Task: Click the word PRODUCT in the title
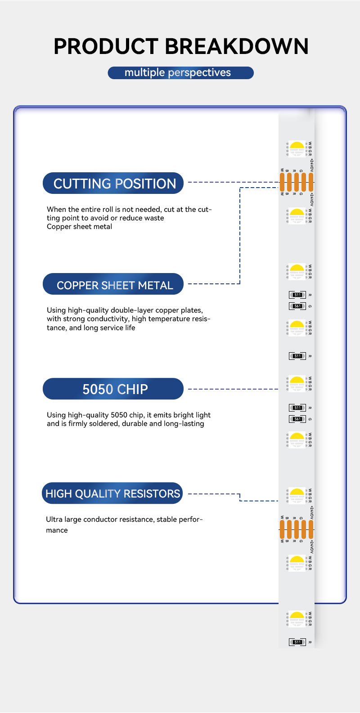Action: tap(106, 47)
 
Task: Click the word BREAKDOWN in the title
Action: tap(237, 47)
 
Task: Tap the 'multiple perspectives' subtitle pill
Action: tap(180, 73)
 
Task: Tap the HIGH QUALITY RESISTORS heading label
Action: tap(112, 493)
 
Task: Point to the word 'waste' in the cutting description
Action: tap(153, 218)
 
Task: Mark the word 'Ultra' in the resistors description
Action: tap(54, 520)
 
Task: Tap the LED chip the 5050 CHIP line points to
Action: tap(297, 384)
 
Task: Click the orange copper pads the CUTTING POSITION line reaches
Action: tap(296, 182)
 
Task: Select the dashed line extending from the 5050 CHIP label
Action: tap(233, 389)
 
